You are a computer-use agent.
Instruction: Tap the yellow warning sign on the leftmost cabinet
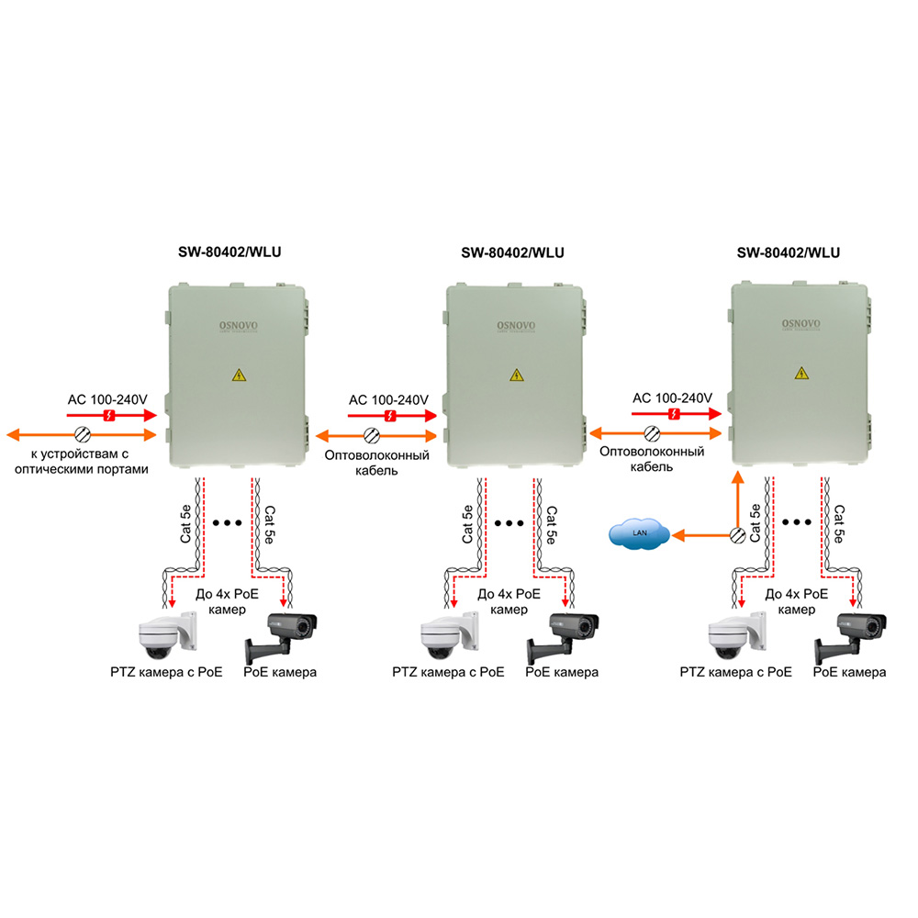[x=240, y=375]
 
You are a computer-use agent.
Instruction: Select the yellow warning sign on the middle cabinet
[x=517, y=375]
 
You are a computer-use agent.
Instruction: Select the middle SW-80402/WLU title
[x=512, y=252]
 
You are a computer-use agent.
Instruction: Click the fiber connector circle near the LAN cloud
[x=736, y=534]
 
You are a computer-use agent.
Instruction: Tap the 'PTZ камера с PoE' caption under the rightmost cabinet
[x=735, y=672]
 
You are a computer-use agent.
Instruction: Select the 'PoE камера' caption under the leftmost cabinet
[x=280, y=672]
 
